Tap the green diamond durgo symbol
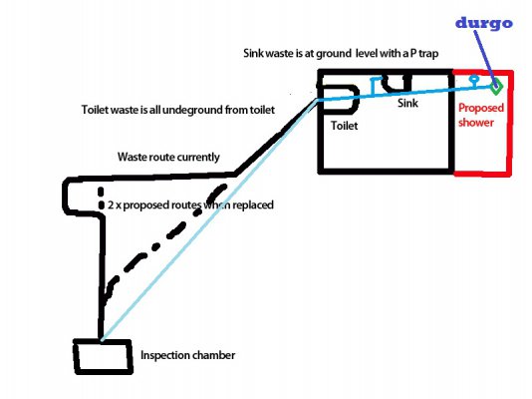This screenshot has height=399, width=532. point(495,87)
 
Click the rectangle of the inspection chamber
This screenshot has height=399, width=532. point(103,354)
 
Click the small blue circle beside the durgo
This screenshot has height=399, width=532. point(474,78)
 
